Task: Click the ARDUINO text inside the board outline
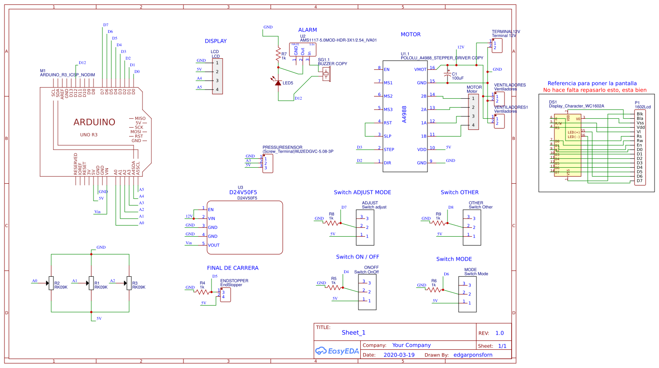pos(94,122)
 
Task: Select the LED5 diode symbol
pos(278,83)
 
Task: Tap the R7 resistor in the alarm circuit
pos(278,54)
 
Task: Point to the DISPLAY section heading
pos(216,41)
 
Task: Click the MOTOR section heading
pos(410,34)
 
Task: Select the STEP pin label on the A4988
pos(389,150)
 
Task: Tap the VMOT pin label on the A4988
pos(420,69)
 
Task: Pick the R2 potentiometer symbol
pos(51,283)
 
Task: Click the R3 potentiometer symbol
pos(129,283)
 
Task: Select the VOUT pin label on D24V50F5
pos(214,245)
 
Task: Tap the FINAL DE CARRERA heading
pos(232,268)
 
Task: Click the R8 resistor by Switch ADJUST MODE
pos(332,222)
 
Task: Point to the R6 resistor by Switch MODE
pos(434,289)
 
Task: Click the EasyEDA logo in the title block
pos(337,351)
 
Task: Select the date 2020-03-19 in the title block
pos(399,355)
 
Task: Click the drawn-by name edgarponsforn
pos(473,355)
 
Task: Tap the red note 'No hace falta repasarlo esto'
pos(594,90)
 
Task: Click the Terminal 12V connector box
pos(497,45)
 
